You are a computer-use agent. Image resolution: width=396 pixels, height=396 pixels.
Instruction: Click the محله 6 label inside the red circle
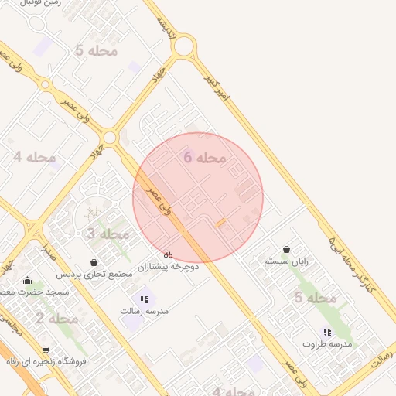(x=205, y=158)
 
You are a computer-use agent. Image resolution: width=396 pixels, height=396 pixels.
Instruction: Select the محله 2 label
(x=56, y=318)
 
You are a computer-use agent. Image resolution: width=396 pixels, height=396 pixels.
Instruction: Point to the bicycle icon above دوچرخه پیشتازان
(x=169, y=254)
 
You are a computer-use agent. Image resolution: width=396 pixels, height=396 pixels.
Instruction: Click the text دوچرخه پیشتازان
(x=169, y=267)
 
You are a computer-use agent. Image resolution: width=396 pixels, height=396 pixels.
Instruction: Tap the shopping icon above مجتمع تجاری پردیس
(x=94, y=263)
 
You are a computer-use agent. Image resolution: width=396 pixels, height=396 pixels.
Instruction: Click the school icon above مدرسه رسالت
(x=144, y=299)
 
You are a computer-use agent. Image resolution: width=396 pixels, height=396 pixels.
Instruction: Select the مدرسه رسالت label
(x=144, y=311)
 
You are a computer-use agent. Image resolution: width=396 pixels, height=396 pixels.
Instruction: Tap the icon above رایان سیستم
(x=287, y=250)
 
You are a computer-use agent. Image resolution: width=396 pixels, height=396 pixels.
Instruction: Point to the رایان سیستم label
(x=286, y=261)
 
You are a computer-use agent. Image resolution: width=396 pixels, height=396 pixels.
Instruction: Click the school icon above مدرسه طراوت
(x=327, y=332)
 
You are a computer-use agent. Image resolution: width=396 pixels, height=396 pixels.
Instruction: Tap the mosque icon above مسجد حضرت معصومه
(x=28, y=281)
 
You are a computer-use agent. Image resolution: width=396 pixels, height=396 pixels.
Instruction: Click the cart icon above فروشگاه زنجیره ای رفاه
(x=46, y=350)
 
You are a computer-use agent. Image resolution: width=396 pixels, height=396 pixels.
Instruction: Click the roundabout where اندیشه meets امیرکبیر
(x=184, y=46)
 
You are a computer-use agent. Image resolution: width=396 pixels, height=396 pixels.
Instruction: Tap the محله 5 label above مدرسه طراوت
(x=315, y=298)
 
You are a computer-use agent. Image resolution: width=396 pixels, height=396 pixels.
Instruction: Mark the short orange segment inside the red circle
(x=220, y=223)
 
